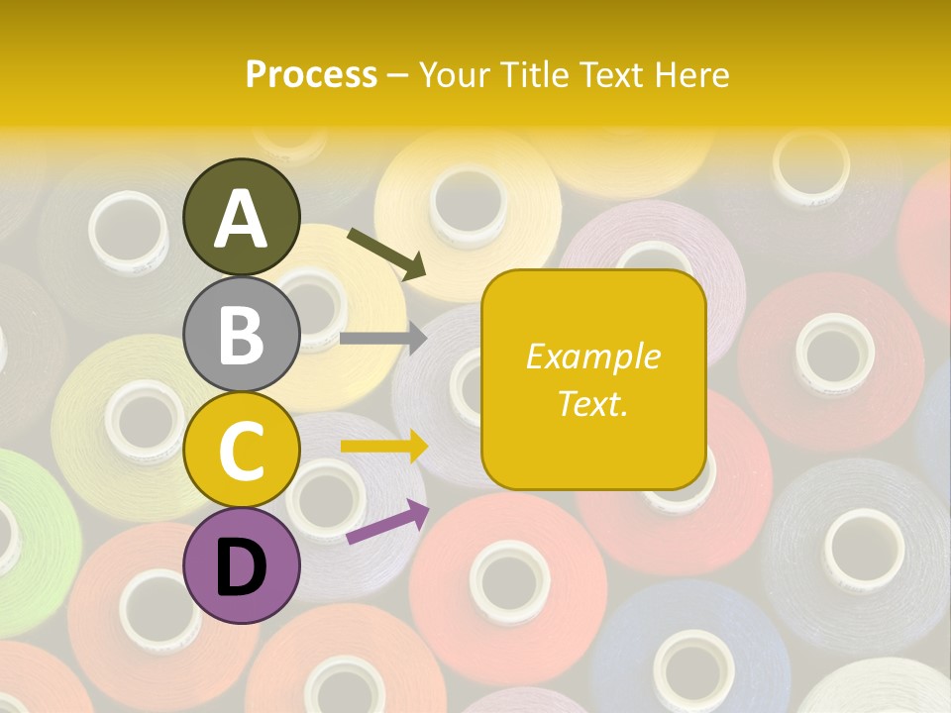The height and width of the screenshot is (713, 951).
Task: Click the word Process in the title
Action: point(311,74)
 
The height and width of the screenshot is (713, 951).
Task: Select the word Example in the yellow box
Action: point(593,356)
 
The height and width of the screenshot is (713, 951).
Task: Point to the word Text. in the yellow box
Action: point(593,403)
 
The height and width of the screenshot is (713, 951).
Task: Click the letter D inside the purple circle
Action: point(242,567)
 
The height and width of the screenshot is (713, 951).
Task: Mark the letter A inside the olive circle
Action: point(242,218)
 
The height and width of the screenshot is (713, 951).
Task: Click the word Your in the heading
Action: point(453,74)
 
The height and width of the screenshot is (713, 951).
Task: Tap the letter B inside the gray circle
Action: point(242,334)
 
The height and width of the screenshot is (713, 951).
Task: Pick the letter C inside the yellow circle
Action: point(242,451)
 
